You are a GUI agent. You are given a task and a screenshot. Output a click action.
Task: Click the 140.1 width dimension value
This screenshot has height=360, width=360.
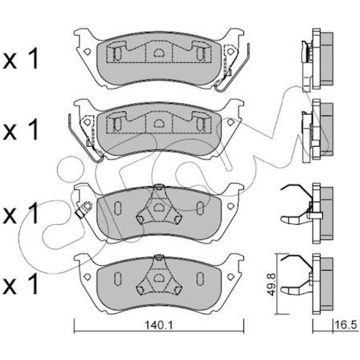(x=158, y=325)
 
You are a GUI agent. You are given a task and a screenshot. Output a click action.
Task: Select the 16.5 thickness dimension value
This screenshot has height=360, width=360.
(x=346, y=325)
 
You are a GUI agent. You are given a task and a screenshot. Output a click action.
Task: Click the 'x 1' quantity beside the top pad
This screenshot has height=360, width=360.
(x=21, y=58)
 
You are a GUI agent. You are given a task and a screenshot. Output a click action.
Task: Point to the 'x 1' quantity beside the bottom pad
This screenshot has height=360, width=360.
(x=21, y=284)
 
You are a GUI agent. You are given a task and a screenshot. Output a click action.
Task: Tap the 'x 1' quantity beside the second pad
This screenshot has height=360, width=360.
(x=21, y=130)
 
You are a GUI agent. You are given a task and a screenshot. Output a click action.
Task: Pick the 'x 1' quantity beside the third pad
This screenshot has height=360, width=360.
(x=21, y=214)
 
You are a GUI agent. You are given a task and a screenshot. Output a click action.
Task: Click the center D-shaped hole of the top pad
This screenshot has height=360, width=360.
(x=158, y=53)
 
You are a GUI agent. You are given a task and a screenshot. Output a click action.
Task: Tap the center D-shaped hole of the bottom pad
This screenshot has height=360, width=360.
(x=158, y=278)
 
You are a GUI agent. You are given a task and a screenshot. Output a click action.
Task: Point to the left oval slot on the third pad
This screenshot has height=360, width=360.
(x=117, y=208)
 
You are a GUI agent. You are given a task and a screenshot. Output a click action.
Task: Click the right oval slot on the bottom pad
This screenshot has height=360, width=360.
(x=200, y=279)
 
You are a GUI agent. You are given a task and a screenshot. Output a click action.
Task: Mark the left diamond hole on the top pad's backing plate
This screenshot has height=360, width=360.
(x=87, y=51)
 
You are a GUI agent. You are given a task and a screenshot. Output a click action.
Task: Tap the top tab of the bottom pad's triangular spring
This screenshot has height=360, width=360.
(x=158, y=257)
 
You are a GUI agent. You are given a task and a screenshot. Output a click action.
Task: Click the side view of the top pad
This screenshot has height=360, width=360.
(x=317, y=60)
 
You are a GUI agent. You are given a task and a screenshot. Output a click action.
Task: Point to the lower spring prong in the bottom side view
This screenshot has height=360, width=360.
(x=295, y=290)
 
